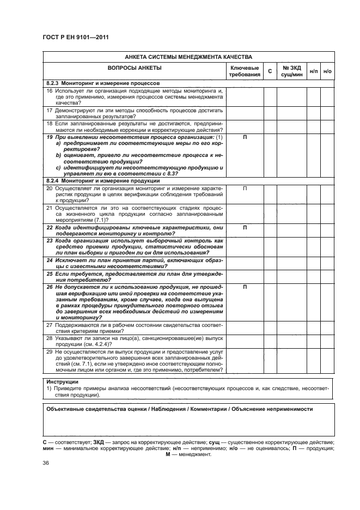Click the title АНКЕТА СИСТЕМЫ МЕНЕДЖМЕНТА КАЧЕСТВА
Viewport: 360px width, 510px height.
tap(188, 57)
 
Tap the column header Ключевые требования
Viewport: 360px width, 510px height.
tap(245, 71)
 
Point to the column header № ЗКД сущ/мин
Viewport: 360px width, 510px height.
tap(292, 71)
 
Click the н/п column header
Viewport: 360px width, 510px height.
tap(314, 71)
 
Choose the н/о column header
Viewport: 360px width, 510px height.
tap(327, 71)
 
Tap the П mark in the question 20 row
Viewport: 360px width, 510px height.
tap(245, 187)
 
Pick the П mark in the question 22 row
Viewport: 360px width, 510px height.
tap(245, 227)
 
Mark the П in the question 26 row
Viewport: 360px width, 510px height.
tap(245, 287)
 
